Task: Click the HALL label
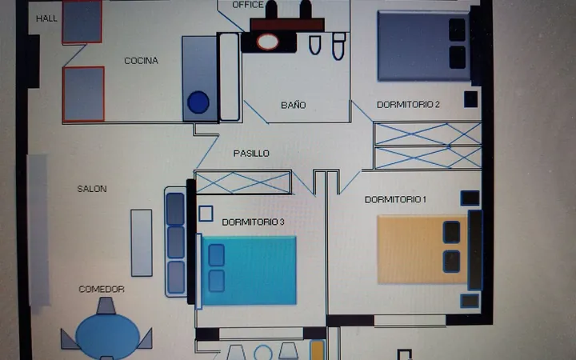click(x=46, y=18)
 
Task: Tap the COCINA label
click(x=141, y=61)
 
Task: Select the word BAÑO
click(x=293, y=105)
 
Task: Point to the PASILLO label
click(x=251, y=153)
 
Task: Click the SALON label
click(x=92, y=189)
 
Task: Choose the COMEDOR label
click(x=102, y=289)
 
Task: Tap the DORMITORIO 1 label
click(x=395, y=199)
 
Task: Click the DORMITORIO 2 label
click(x=408, y=105)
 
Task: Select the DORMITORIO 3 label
click(x=253, y=222)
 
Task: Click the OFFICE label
click(x=248, y=5)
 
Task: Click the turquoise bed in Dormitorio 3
click(x=249, y=270)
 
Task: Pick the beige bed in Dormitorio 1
click(x=422, y=250)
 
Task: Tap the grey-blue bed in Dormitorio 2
click(x=423, y=46)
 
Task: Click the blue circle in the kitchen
click(x=198, y=102)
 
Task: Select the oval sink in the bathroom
click(x=267, y=42)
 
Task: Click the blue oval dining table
click(x=108, y=336)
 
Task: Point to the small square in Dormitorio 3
click(x=206, y=214)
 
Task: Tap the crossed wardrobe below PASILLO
click(x=243, y=182)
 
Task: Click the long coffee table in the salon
click(x=142, y=243)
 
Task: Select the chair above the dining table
click(x=106, y=306)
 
